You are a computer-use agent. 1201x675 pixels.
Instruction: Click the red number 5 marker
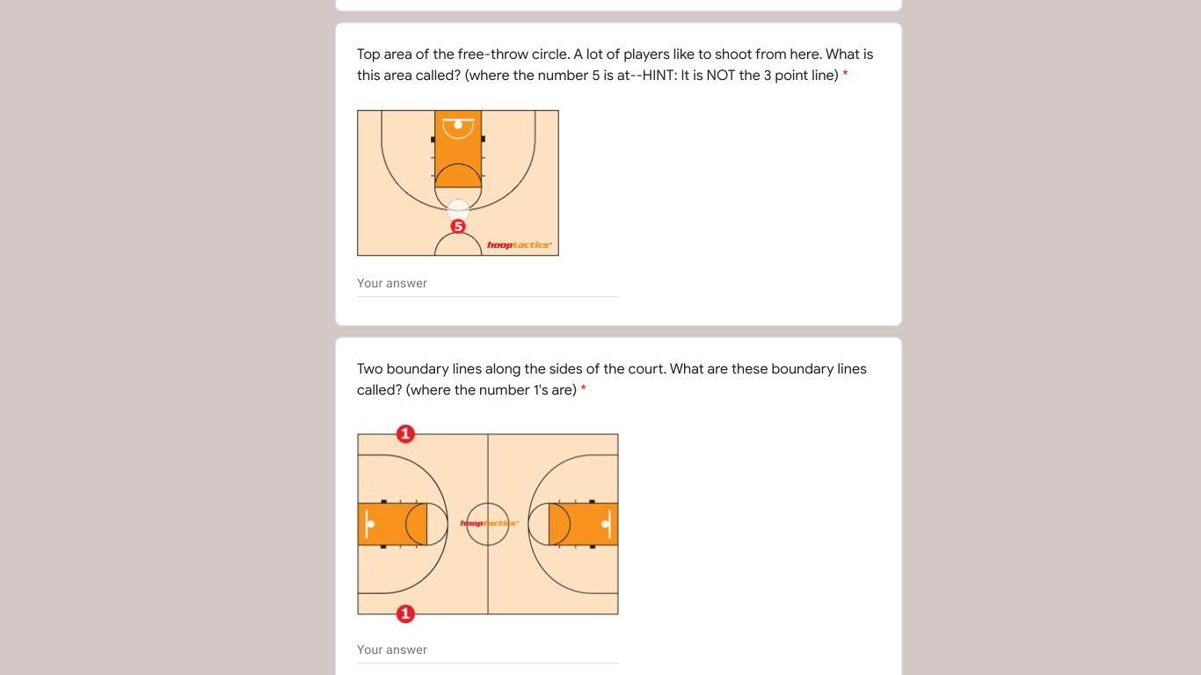[x=458, y=226]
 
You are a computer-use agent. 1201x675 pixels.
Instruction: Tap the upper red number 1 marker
[x=405, y=433]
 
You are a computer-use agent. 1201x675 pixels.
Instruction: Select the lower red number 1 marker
[x=405, y=613]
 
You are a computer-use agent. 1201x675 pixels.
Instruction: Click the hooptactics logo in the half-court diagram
[x=519, y=245]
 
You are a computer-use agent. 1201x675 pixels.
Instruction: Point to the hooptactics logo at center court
[x=489, y=523]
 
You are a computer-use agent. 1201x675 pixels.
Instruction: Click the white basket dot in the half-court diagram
[x=458, y=125]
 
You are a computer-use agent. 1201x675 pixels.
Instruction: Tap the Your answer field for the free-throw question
[x=487, y=284]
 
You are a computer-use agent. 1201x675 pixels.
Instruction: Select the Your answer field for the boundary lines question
[x=487, y=650]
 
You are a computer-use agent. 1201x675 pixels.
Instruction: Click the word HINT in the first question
[x=659, y=76]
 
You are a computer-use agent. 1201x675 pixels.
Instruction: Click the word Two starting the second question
[x=369, y=369]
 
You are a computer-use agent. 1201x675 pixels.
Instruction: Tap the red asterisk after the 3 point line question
[x=846, y=74]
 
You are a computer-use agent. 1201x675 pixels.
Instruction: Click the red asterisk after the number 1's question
[x=583, y=388]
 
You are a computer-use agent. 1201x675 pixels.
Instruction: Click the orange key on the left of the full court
[x=392, y=524]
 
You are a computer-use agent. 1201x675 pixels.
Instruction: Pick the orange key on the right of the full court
[x=583, y=524]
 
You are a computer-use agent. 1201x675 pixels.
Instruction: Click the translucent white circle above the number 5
[x=458, y=210]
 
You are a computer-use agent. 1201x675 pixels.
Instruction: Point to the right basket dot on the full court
[x=605, y=524]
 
